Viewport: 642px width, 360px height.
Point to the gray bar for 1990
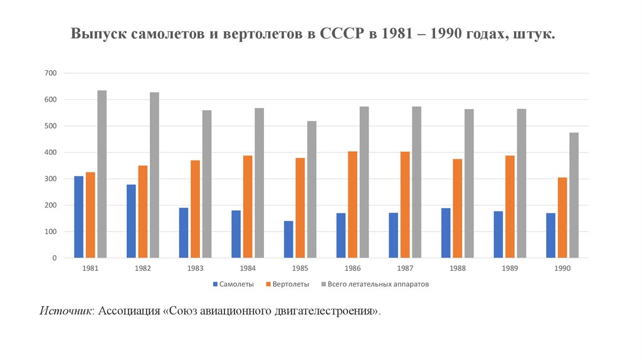click(x=574, y=195)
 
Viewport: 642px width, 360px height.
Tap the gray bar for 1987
click(x=417, y=182)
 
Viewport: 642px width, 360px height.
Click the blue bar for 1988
click(x=446, y=233)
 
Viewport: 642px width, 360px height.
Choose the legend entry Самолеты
click(x=235, y=284)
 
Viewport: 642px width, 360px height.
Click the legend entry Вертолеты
click(x=288, y=284)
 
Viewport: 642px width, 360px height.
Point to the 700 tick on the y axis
click(x=51, y=73)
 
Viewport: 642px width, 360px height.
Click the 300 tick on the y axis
click(x=51, y=179)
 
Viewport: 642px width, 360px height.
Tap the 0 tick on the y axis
click(x=55, y=258)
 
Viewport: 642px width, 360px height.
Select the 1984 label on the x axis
click(x=247, y=268)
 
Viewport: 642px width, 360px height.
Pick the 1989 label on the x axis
click(x=509, y=268)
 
